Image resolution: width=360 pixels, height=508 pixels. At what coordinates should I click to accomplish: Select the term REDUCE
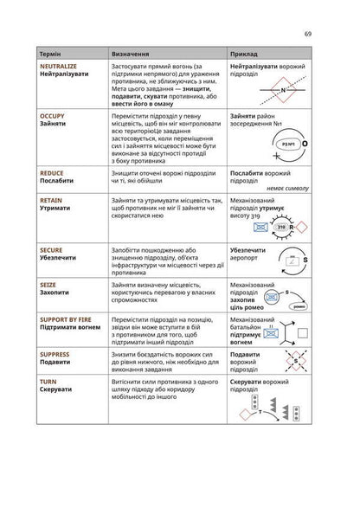pos(52,172)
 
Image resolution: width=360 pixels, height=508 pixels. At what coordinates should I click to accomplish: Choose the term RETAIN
pos(51,199)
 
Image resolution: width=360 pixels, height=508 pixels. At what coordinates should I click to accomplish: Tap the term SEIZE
pos(48,284)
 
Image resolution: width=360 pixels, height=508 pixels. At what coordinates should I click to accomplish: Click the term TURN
pos(48,381)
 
